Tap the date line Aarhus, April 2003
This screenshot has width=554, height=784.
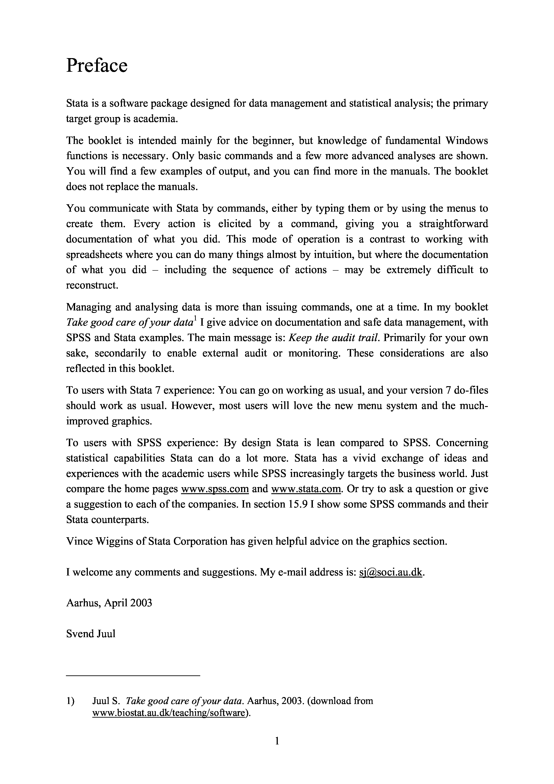(x=109, y=603)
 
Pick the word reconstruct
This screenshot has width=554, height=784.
(x=91, y=285)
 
